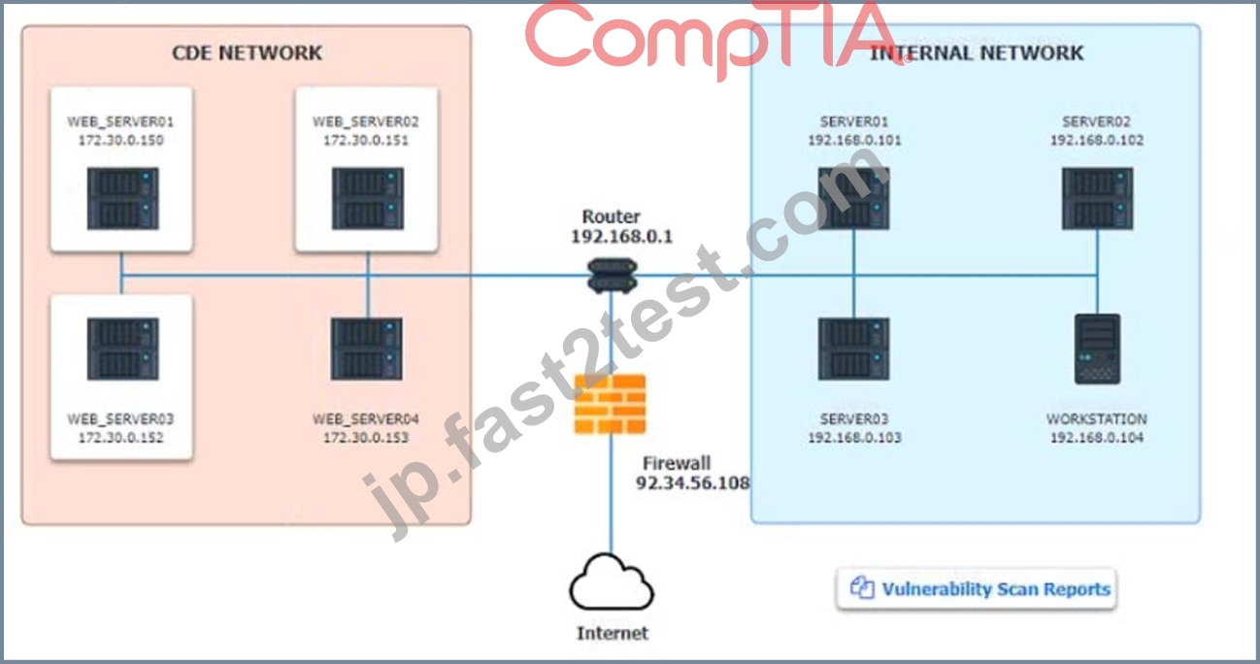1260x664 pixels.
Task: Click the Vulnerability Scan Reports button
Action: click(x=977, y=589)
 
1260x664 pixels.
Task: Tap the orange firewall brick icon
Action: click(x=611, y=405)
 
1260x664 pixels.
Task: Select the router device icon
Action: click(x=612, y=275)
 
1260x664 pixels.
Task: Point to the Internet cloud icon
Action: click(x=612, y=582)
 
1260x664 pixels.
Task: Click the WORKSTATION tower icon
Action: click(x=1097, y=349)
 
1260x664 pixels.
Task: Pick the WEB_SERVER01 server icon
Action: click(x=122, y=199)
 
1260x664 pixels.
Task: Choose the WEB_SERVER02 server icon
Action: click(x=368, y=199)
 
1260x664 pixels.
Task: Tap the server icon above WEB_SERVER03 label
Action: click(x=122, y=349)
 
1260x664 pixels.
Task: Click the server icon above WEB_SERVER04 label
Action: click(x=367, y=349)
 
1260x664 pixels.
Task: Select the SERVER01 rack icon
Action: click(x=854, y=199)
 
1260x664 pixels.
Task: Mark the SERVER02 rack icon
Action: click(x=1098, y=199)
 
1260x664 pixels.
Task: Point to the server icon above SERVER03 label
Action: click(x=854, y=349)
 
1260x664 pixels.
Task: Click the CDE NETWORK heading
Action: click(x=247, y=52)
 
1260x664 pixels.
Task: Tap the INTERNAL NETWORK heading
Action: click(x=977, y=52)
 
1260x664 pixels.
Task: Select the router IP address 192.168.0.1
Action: click(x=621, y=236)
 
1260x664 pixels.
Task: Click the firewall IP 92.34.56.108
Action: click(x=693, y=482)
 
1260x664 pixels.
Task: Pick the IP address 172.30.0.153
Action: click(x=366, y=437)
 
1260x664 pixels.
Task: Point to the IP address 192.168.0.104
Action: click(x=1097, y=437)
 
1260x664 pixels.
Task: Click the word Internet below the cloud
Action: click(x=613, y=633)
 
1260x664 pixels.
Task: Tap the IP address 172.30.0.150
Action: click(x=121, y=140)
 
